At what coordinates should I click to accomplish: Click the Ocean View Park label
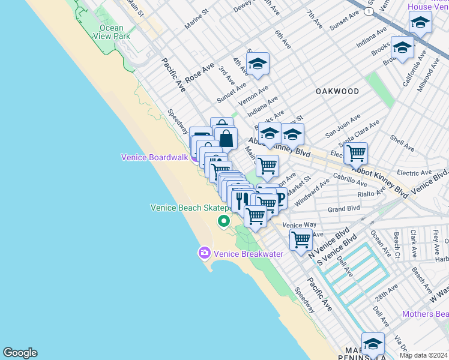coord(111,32)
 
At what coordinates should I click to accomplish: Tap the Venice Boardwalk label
coord(155,157)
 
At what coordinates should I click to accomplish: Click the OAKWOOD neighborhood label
coord(337,91)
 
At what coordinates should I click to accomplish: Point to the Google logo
coord(20,353)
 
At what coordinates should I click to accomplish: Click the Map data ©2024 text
coord(423,355)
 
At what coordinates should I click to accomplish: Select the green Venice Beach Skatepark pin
coord(224,221)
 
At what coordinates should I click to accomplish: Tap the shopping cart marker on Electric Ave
coord(356,153)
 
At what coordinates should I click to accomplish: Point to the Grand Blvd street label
coord(344,209)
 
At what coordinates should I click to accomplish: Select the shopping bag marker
coord(226,138)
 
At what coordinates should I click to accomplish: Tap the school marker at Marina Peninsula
coord(373,344)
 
